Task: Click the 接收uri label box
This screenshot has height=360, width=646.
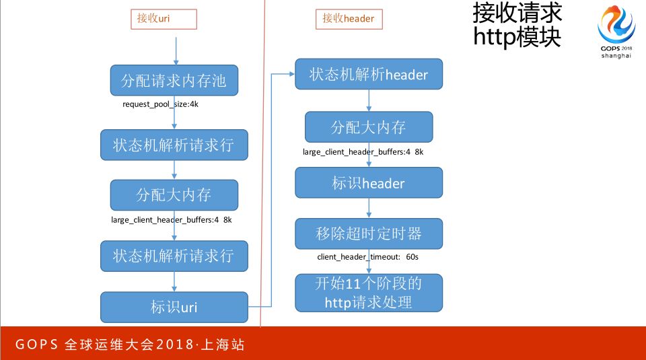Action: pyautogui.click(x=164, y=19)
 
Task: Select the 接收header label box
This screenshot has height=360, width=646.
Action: pyautogui.click(x=349, y=19)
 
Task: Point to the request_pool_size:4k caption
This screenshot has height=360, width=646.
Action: pyautogui.click(x=160, y=104)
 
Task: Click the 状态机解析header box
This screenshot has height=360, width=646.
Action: pyautogui.click(x=369, y=75)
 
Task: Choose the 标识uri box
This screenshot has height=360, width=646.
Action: pyautogui.click(x=174, y=308)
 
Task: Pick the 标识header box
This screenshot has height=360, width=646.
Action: pyautogui.click(x=369, y=183)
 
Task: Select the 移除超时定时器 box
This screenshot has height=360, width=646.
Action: pyautogui.click(x=369, y=233)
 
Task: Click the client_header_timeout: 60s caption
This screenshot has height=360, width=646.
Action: pyautogui.click(x=369, y=257)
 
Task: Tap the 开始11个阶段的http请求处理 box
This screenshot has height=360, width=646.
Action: pyautogui.click(x=369, y=293)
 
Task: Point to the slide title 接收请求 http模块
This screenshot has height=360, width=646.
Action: pyautogui.click(x=517, y=24)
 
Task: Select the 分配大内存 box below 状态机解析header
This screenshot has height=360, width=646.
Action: pyautogui.click(x=369, y=127)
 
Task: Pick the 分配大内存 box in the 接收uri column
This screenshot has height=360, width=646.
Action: pyautogui.click(x=174, y=195)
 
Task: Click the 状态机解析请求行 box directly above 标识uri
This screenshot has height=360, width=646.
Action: pyautogui.click(x=174, y=256)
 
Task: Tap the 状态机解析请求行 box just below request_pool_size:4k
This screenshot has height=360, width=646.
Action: pyautogui.click(x=174, y=144)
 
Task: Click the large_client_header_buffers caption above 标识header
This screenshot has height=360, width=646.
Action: pyautogui.click(x=363, y=152)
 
